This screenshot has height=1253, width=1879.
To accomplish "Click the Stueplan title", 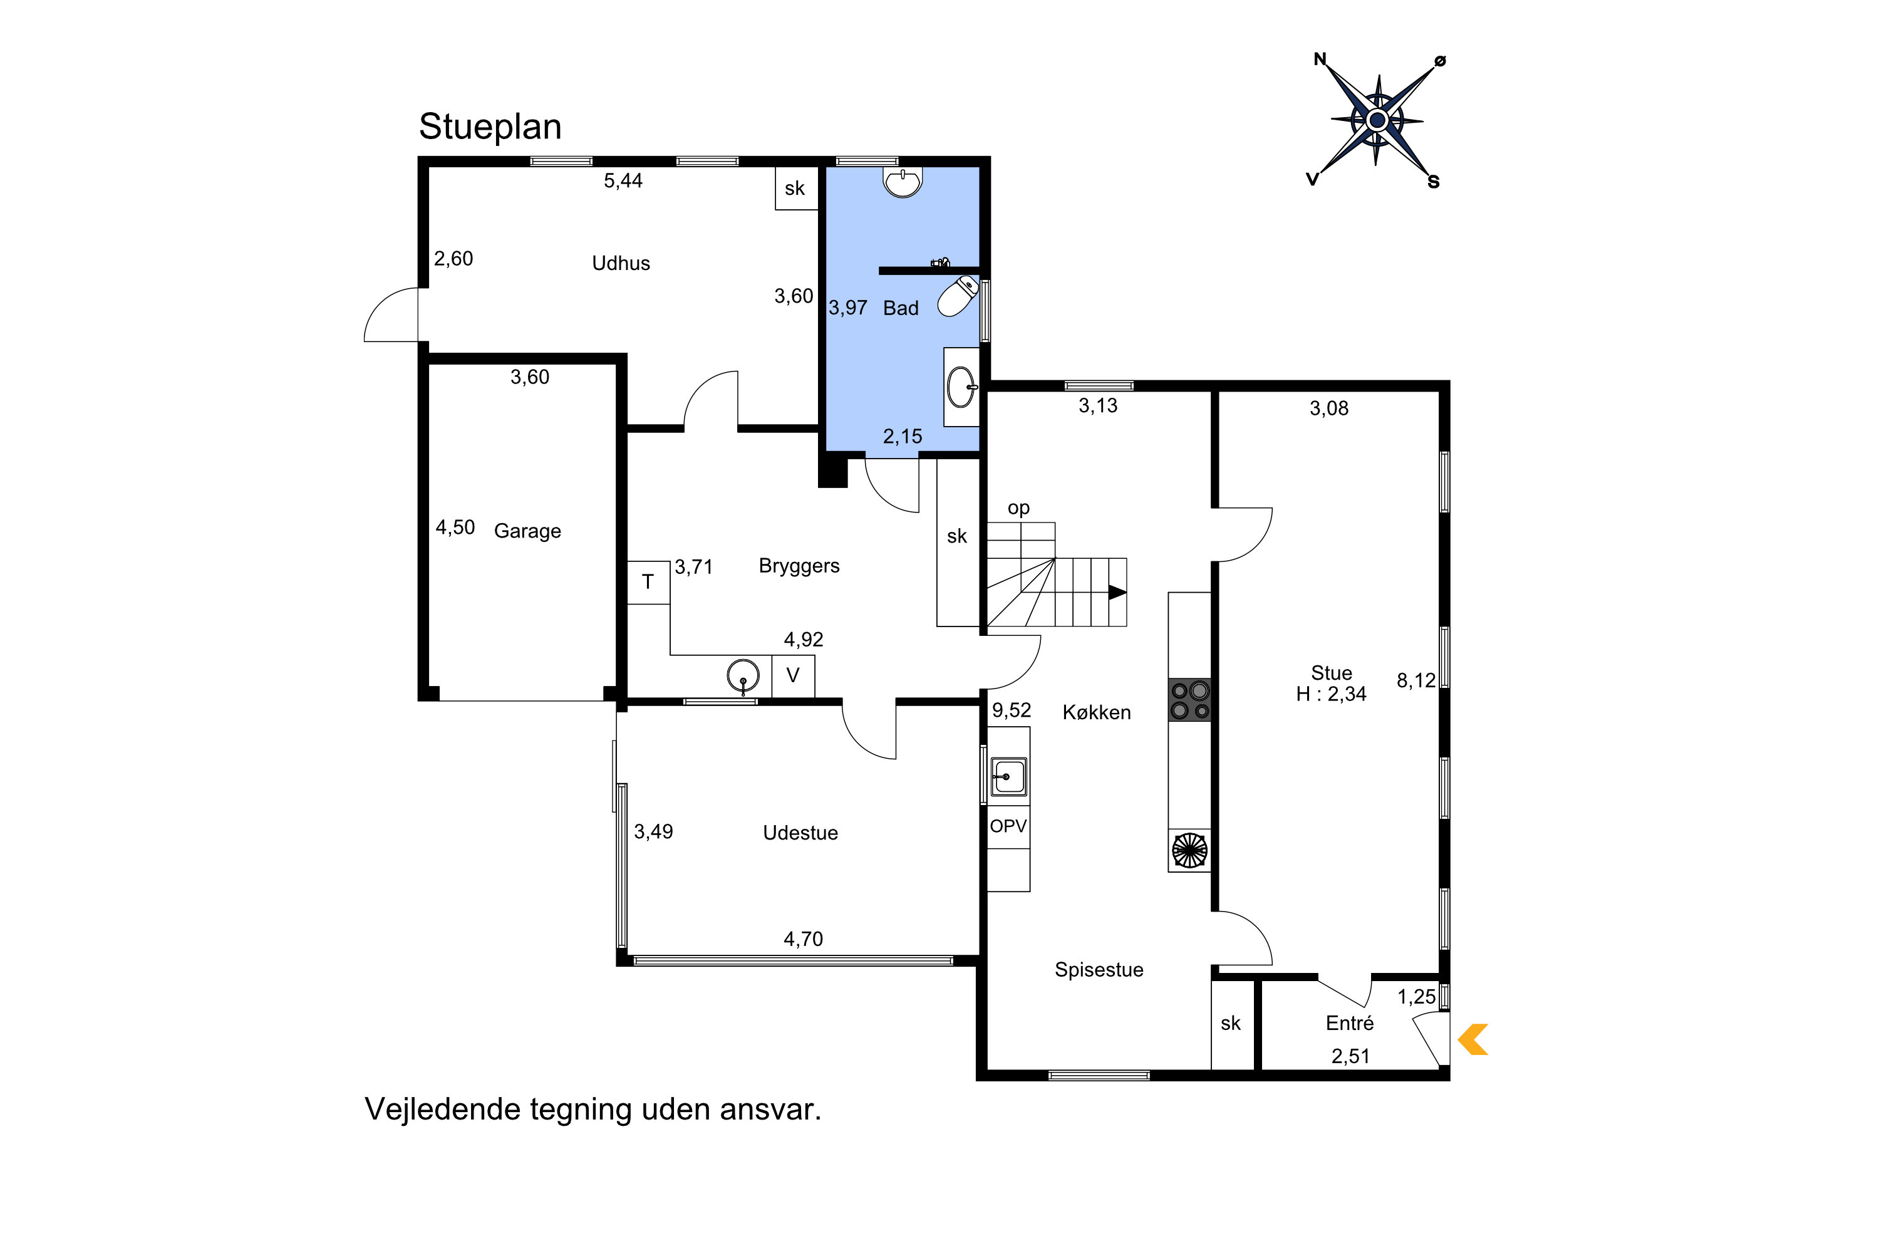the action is (490, 127).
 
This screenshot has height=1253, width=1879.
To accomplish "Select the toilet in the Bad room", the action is (958, 296).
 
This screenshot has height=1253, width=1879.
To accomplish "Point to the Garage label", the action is (527, 531).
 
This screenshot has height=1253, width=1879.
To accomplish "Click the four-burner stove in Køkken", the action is (1189, 700).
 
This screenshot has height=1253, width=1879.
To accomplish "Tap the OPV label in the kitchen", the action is (1008, 826).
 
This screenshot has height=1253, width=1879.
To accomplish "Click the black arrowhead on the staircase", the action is (1117, 592).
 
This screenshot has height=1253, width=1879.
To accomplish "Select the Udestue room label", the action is (800, 833).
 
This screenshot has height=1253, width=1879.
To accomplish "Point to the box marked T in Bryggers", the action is (648, 583).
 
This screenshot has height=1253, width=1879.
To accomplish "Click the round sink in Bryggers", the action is (743, 676).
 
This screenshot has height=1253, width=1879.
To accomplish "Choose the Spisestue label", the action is (1099, 969).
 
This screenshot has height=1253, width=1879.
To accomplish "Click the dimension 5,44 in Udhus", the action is (623, 180).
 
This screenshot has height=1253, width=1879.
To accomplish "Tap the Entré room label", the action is (1349, 1023).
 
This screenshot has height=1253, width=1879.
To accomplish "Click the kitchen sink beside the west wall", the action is (1009, 776).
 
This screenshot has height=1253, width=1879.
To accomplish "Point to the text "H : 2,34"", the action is (1331, 694).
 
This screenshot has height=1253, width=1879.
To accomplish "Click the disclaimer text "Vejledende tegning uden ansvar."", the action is (593, 1109).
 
